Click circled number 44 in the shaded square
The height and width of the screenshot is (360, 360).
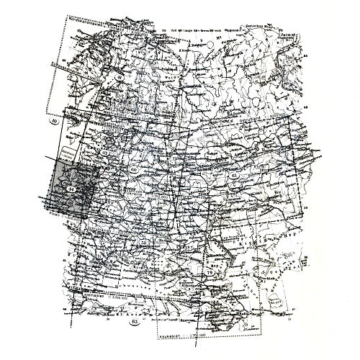click(72, 189)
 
